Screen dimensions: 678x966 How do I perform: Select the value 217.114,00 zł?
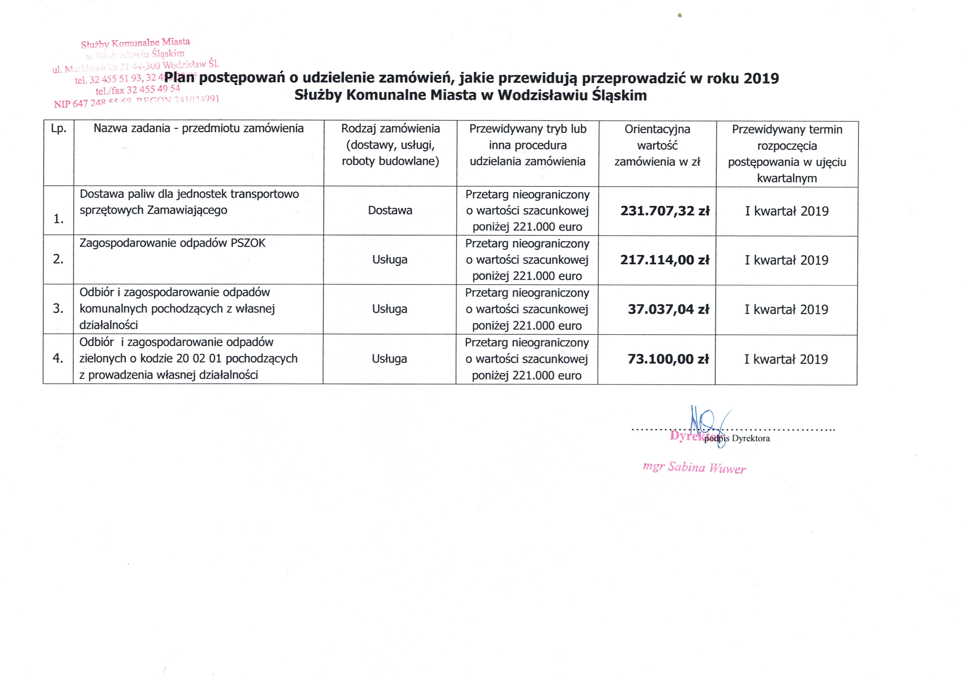click(x=664, y=260)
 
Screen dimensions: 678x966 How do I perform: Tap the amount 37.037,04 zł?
click(x=668, y=309)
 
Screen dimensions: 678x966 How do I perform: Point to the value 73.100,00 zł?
click(x=668, y=359)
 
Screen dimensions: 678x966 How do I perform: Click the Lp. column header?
click(x=58, y=128)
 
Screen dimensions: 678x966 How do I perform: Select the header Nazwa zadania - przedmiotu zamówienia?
click(x=198, y=128)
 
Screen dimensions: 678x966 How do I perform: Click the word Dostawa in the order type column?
click(x=390, y=211)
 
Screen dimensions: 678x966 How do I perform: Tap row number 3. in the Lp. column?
click(x=58, y=309)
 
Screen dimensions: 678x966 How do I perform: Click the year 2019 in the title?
click(x=761, y=78)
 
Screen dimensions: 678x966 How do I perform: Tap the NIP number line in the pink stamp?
click(x=136, y=101)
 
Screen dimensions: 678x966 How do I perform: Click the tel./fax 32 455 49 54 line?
click(x=137, y=90)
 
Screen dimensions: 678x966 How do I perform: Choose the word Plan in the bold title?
click(x=180, y=77)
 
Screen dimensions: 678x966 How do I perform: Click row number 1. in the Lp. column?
click(x=58, y=219)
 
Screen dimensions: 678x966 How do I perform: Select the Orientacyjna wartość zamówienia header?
click(x=657, y=145)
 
